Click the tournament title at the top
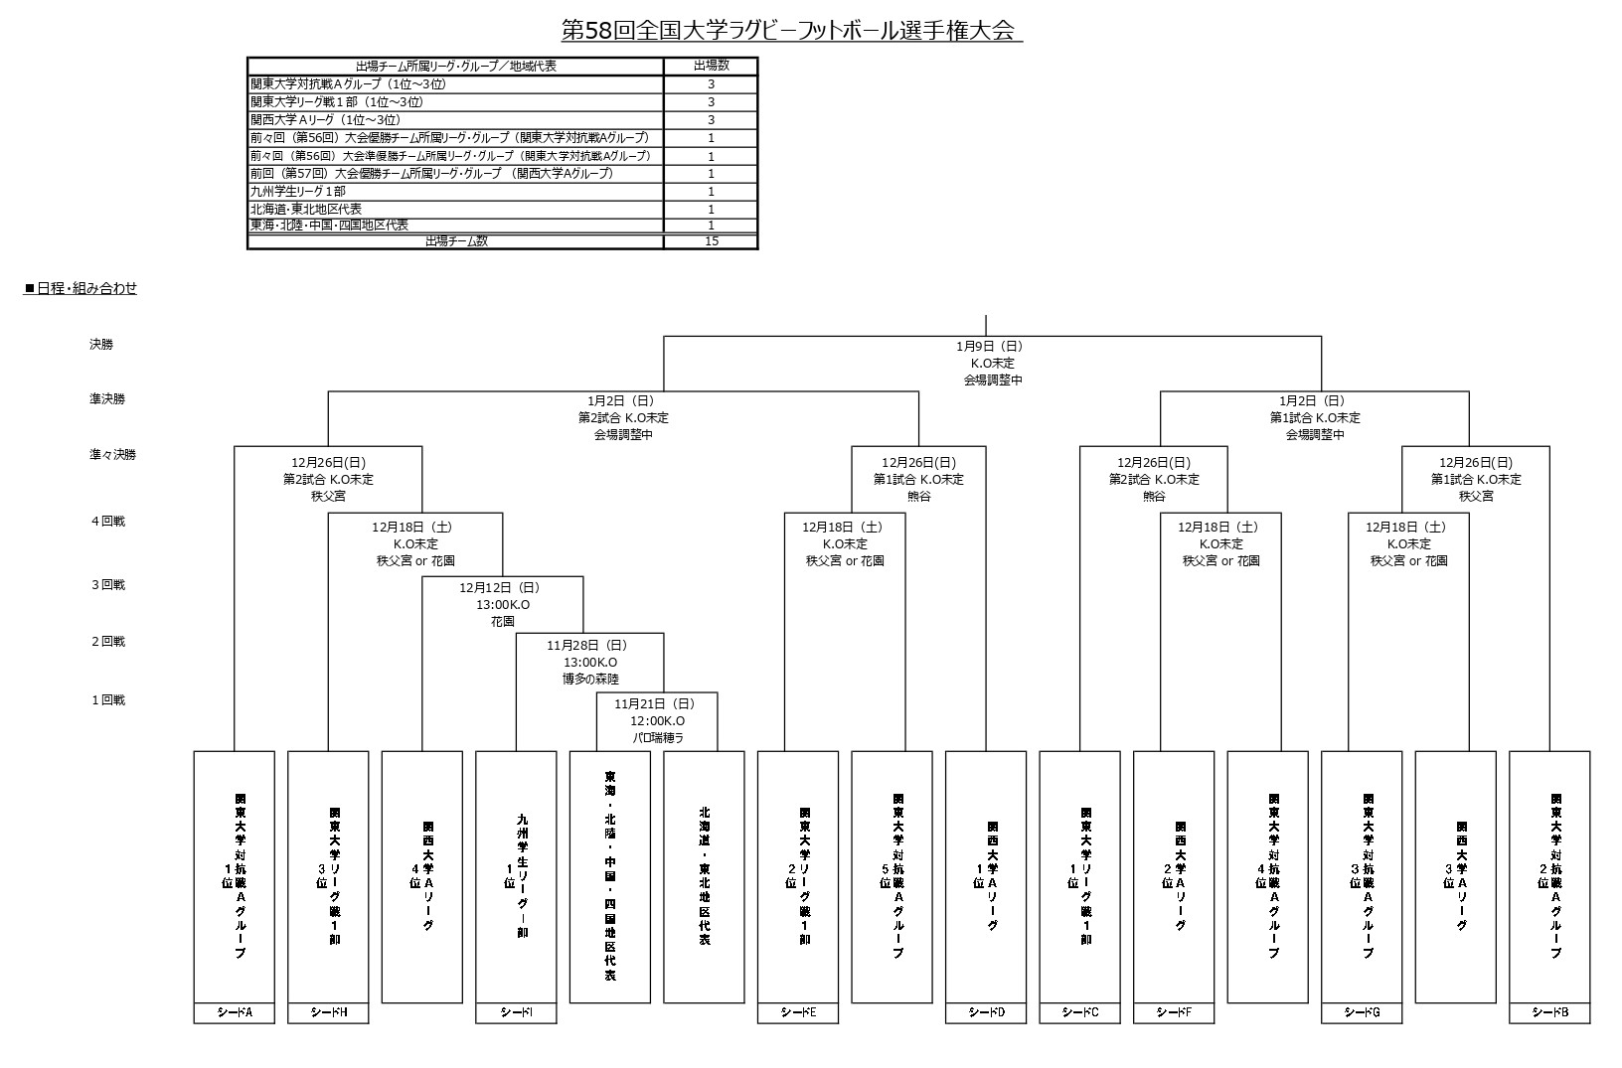pyautogui.click(x=791, y=31)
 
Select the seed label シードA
pyautogui.click(x=234, y=1012)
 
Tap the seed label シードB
pyautogui.click(x=1549, y=1012)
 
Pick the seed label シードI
pyautogui.click(x=516, y=1012)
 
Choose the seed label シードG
pyautogui.click(x=1362, y=1012)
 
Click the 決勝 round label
pyautogui.click(x=101, y=344)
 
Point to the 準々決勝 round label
pyautogui.click(x=113, y=455)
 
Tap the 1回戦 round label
pyautogui.click(x=108, y=700)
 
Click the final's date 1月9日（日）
pyautogui.click(x=990, y=346)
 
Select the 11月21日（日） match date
pyautogui.click(x=655, y=703)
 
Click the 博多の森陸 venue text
pyautogui.click(x=591, y=680)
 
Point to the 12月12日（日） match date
pyautogui.click(x=500, y=587)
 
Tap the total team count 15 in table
pyautogui.click(x=711, y=241)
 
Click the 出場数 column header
pyautogui.click(x=711, y=66)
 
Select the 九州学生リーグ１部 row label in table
pyautogui.click(x=298, y=191)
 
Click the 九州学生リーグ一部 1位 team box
pyautogui.click(x=516, y=877)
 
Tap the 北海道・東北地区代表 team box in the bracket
pyautogui.click(x=704, y=877)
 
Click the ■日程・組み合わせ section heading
pyautogui.click(x=81, y=288)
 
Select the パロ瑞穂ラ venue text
pyautogui.click(x=658, y=738)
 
